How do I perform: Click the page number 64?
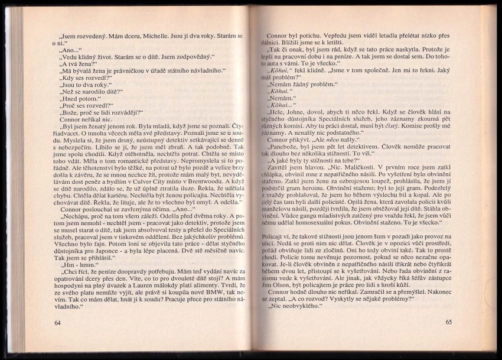tap(57, 322)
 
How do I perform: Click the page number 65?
tap(448, 322)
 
